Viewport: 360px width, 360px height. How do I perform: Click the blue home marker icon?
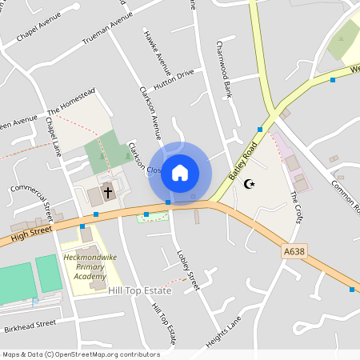coord(180,172)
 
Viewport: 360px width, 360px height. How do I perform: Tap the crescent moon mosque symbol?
coord(249,184)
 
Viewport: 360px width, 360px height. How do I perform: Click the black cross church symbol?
coord(107,193)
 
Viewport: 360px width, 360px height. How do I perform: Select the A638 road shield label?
coord(294,251)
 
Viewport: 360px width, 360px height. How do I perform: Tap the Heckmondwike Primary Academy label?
coord(84,267)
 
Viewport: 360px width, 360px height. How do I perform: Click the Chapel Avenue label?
coord(38,35)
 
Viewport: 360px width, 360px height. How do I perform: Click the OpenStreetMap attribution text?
coord(81,354)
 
